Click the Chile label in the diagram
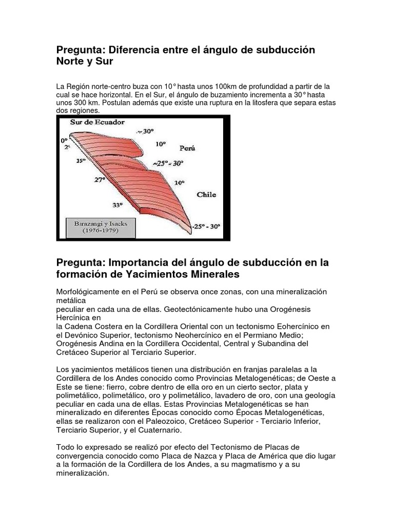click(x=206, y=195)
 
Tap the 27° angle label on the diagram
click(x=100, y=179)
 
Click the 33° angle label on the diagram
click(x=118, y=204)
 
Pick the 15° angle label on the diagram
click(x=80, y=161)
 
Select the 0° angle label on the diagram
click(x=64, y=139)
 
